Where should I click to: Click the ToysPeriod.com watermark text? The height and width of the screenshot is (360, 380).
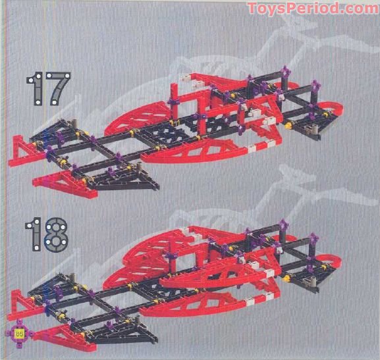pyautogui.click(x=312, y=9)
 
